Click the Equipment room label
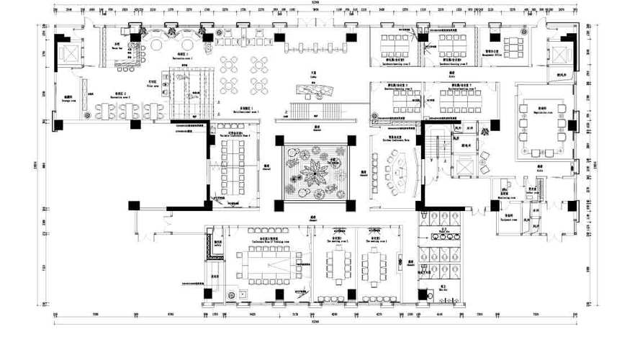click(508, 215)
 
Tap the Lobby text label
click(315, 74)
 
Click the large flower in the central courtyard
click(315, 173)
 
